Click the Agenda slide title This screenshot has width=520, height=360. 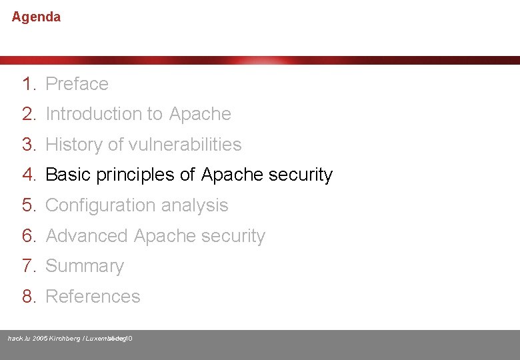36,17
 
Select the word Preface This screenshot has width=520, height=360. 77,84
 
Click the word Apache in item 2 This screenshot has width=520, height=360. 200,114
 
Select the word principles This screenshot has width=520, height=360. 135,175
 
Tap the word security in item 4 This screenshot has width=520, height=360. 300,175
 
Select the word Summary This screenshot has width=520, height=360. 85,266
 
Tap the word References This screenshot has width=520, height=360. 93,297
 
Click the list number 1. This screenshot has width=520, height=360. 27,84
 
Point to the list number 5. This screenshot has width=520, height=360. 27,205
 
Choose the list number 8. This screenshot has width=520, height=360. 27,297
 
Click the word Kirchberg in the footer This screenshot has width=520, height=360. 64,339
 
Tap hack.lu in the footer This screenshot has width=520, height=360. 19,339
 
